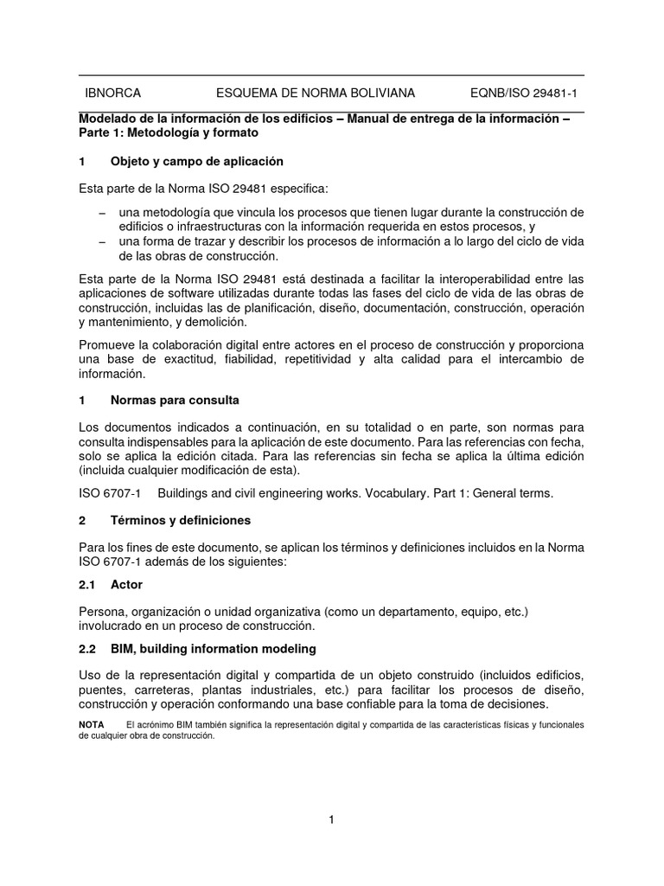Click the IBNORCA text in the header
112,93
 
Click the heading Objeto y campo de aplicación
197,162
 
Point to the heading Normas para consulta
176,401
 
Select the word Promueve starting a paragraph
108,343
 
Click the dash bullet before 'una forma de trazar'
103,241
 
